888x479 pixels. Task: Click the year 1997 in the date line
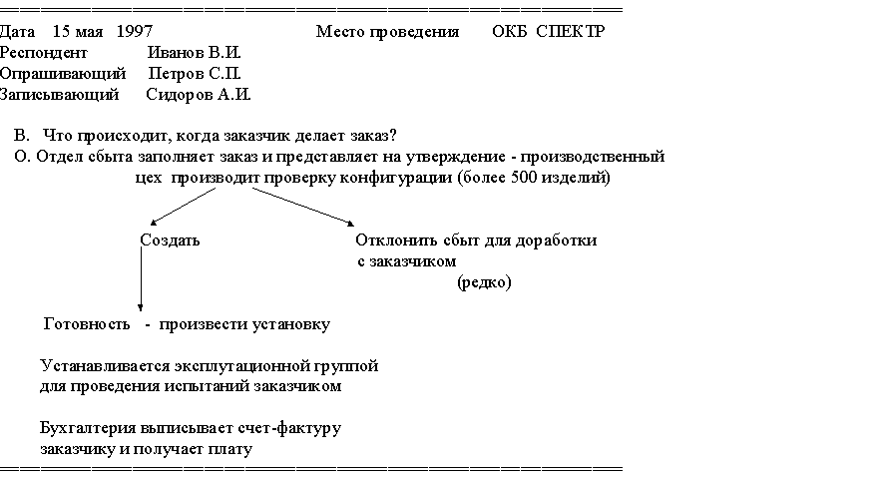(x=135, y=31)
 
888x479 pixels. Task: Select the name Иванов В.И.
(x=195, y=52)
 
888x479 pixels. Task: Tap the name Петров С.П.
(x=195, y=73)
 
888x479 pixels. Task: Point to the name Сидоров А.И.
(x=199, y=94)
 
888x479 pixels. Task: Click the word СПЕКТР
(x=571, y=31)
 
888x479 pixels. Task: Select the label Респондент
(x=44, y=53)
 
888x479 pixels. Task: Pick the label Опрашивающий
(x=63, y=74)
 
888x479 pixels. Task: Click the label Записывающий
(x=60, y=95)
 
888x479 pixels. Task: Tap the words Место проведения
(x=387, y=32)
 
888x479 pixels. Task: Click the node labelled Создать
(x=170, y=240)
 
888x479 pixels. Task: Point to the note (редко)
(x=484, y=282)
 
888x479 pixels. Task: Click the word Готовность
(x=87, y=324)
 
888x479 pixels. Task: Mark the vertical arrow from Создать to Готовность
(x=141, y=279)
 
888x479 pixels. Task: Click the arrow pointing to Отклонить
(x=303, y=207)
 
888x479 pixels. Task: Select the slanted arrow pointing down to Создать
(x=183, y=207)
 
